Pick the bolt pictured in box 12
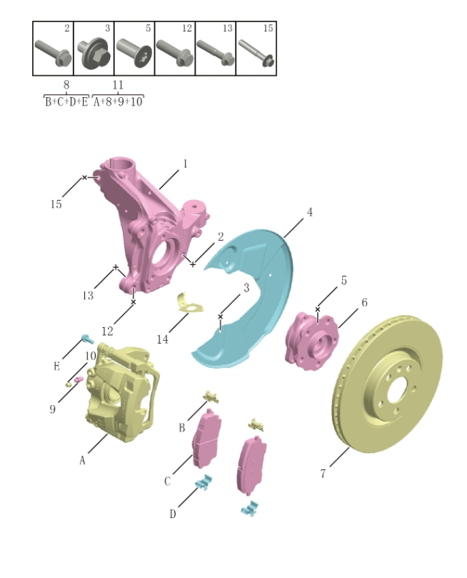click(x=174, y=54)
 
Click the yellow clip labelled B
click(x=211, y=396)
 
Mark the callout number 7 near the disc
click(x=323, y=473)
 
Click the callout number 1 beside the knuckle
click(x=185, y=164)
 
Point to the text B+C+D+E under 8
click(x=66, y=101)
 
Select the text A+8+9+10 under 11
click(x=119, y=101)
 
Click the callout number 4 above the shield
click(x=309, y=212)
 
